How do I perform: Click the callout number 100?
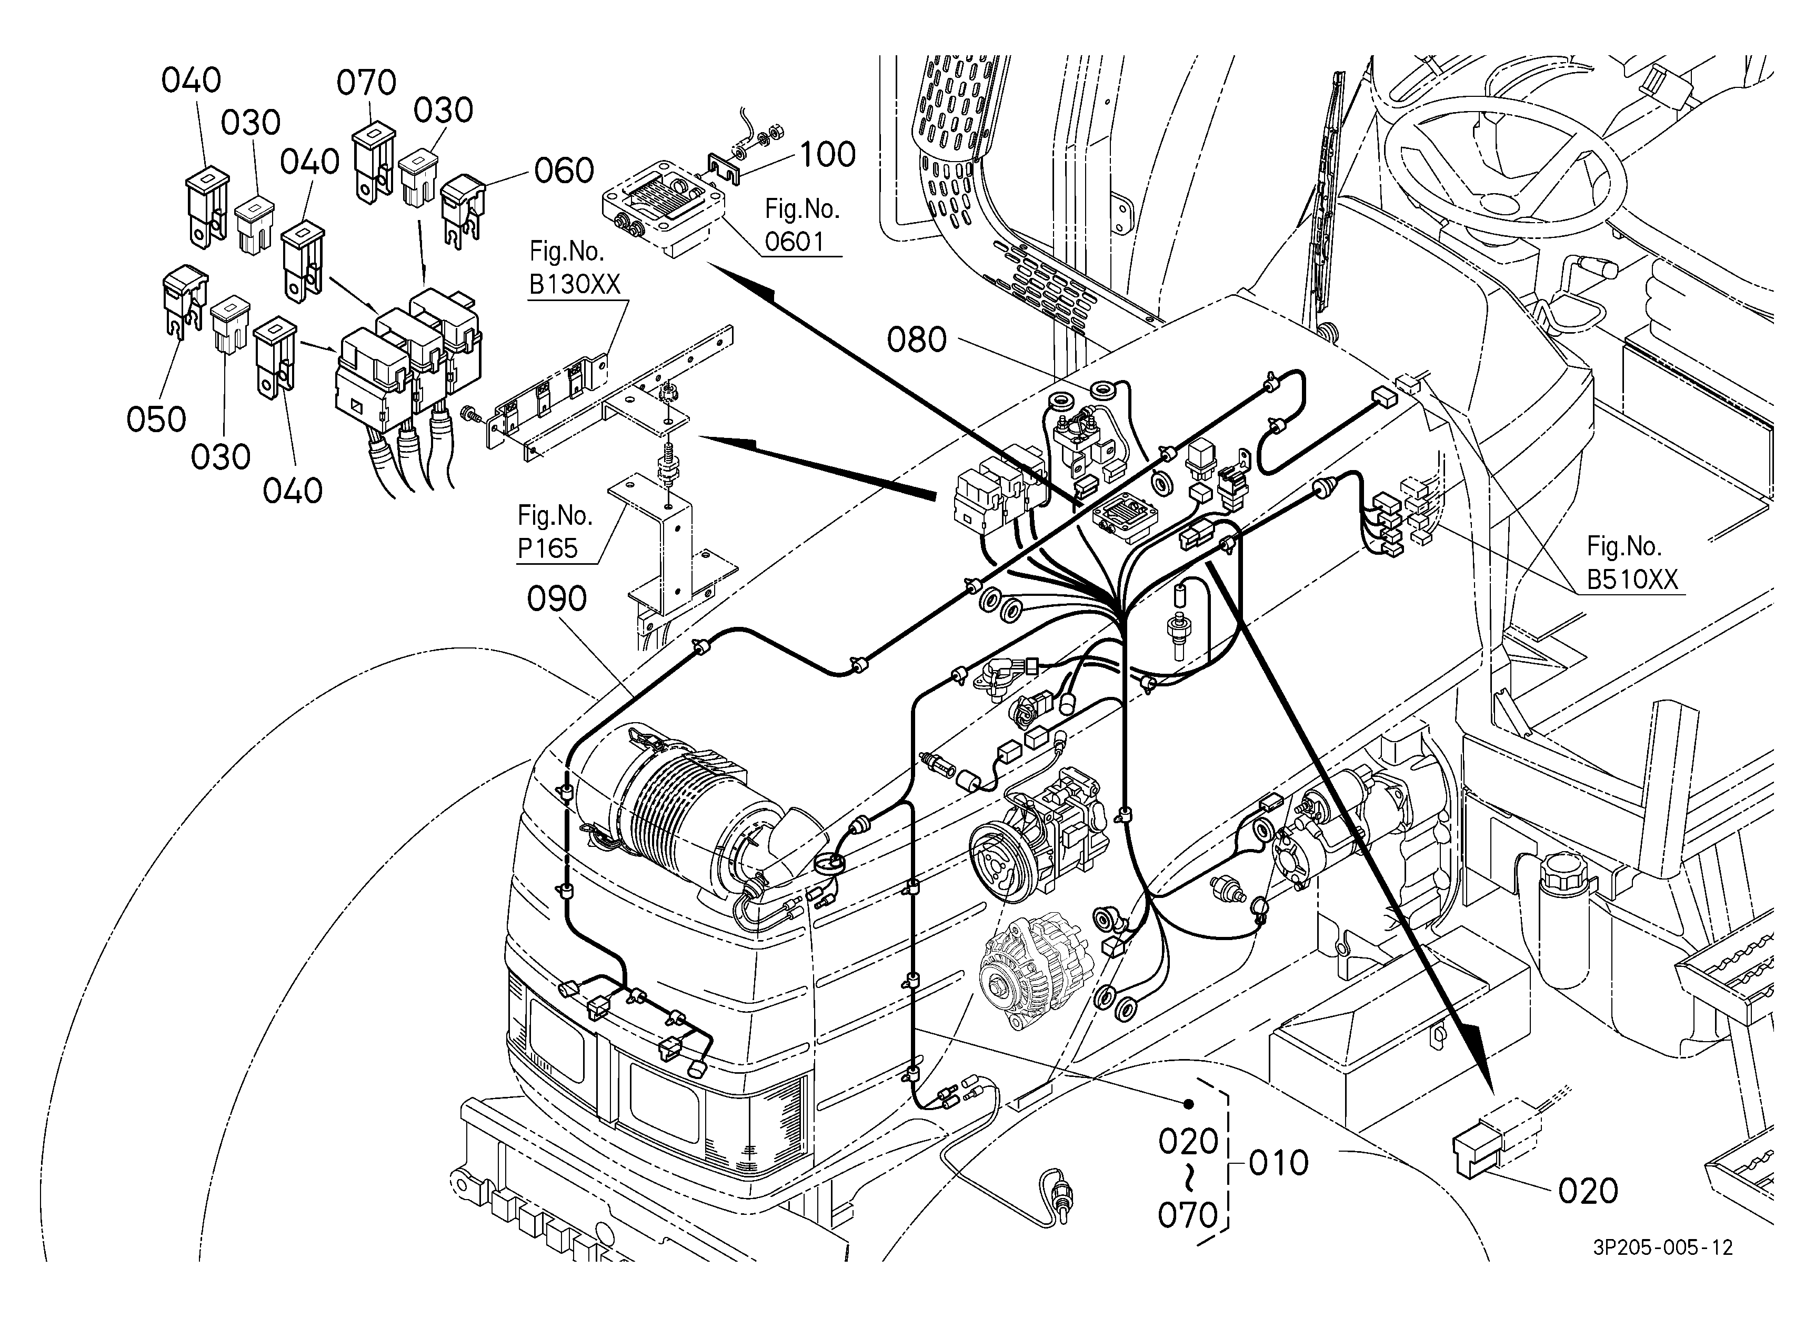(827, 154)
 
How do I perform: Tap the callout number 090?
(557, 598)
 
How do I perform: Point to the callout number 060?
(564, 171)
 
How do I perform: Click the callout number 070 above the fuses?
(366, 83)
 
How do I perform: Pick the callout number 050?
(156, 420)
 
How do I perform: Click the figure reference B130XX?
(575, 284)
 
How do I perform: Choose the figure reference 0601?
(794, 241)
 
